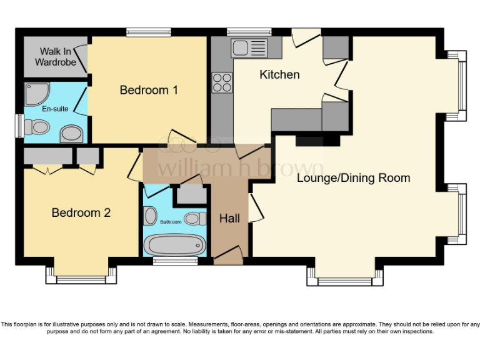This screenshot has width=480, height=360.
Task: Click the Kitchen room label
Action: pos(279,74)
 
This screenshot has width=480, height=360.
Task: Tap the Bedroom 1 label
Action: pos(149,90)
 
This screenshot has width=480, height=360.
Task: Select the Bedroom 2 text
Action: pos(81,212)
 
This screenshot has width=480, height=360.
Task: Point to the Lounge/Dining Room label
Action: pos(353,178)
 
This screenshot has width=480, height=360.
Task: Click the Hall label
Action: pos(229,219)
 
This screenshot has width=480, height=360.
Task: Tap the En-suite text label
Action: pos(54,109)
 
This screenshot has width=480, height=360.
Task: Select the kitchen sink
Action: pos(248,47)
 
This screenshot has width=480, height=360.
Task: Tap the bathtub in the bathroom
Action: pos(173,244)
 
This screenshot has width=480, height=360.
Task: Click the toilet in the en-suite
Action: pos(39,127)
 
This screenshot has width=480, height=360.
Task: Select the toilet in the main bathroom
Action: pos(196,219)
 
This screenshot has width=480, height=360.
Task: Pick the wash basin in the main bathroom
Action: pos(151,216)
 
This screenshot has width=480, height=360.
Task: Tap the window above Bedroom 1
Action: pos(148,31)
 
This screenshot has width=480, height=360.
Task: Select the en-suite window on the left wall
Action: pos(19,126)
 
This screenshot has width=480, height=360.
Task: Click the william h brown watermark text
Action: pos(241,167)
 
